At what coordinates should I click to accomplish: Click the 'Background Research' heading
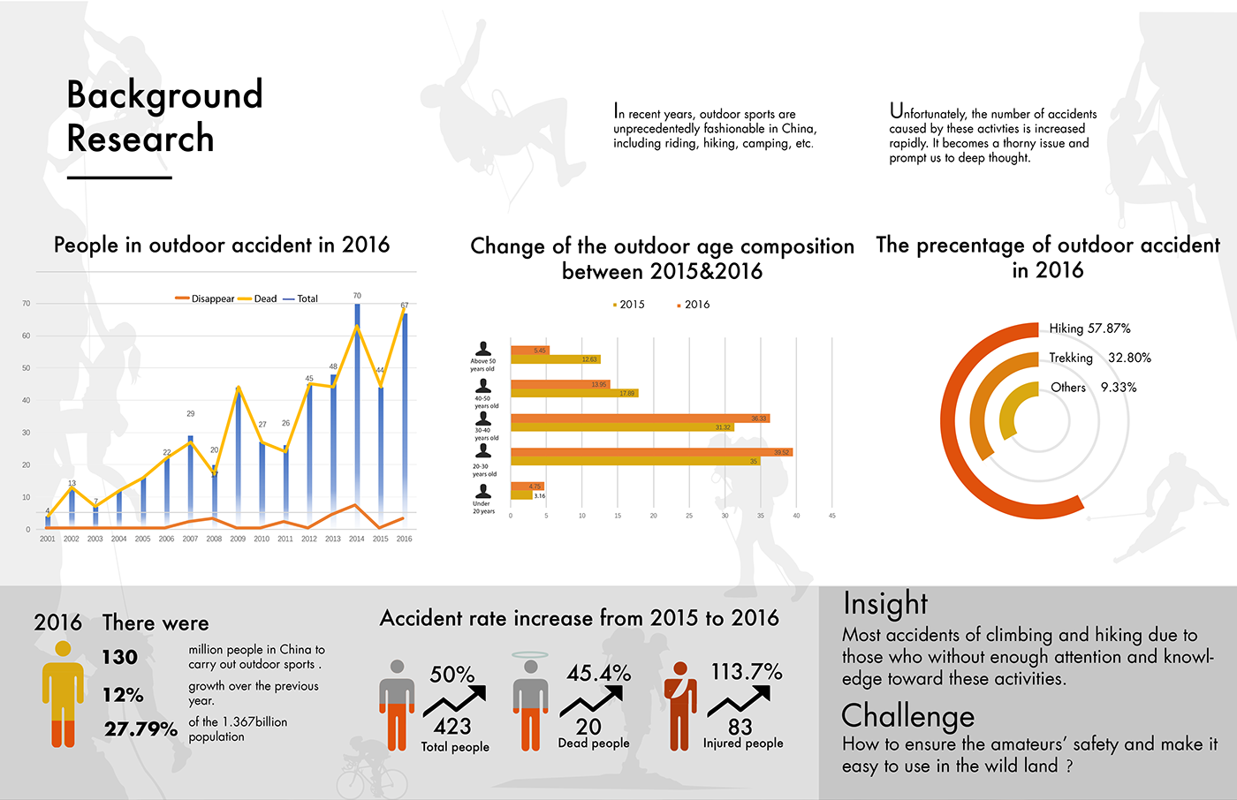coord(164,117)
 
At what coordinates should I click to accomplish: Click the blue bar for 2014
coord(357,415)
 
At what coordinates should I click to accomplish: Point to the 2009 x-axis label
coord(238,539)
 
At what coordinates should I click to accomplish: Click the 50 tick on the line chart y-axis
coord(27,368)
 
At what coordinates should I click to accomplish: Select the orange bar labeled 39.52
coord(650,452)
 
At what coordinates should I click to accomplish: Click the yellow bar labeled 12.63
coord(555,359)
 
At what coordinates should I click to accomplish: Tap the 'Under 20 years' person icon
coord(482,492)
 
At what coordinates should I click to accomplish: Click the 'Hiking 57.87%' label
coord(1089,328)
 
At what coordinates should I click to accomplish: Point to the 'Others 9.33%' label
coord(1093,388)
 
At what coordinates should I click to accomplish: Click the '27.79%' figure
coord(140,729)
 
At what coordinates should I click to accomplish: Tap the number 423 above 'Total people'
coord(452,727)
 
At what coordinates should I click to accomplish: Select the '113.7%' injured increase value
coord(747,672)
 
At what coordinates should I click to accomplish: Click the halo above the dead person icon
coord(530,655)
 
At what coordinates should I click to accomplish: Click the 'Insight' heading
coord(885,603)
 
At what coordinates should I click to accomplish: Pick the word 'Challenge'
coord(907,715)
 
